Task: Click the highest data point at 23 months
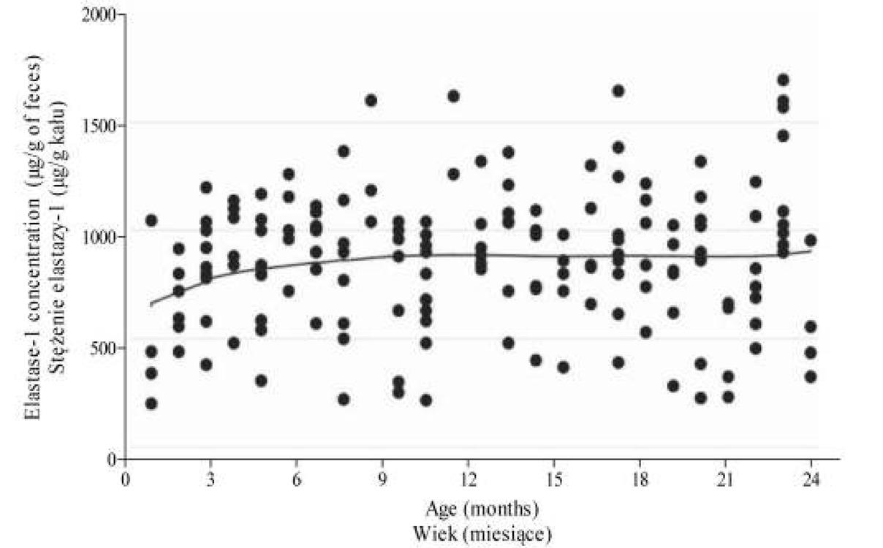[x=783, y=80]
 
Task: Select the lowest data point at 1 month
[x=151, y=404]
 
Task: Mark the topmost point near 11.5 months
[x=453, y=96]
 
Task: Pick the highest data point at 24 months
[x=810, y=240]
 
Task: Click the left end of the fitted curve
[x=151, y=304]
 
